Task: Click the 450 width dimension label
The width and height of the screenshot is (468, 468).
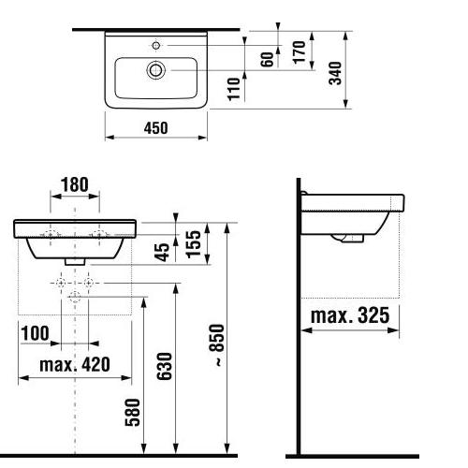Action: click(155, 128)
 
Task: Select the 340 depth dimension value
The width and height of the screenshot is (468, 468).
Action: click(336, 73)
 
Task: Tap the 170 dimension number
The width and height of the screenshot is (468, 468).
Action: click(300, 52)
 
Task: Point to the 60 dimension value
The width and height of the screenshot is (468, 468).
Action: click(267, 59)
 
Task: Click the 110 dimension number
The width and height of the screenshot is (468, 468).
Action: click(234, 89)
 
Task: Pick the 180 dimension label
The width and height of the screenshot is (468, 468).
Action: click(75, 184)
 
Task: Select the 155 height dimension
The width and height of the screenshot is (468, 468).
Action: click(194, 244)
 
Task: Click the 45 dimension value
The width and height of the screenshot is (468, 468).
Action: click(162, 252)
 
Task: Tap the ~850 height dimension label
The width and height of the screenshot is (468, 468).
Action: click(217, 345)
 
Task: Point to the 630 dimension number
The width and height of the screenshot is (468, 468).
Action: click(165, 366)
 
